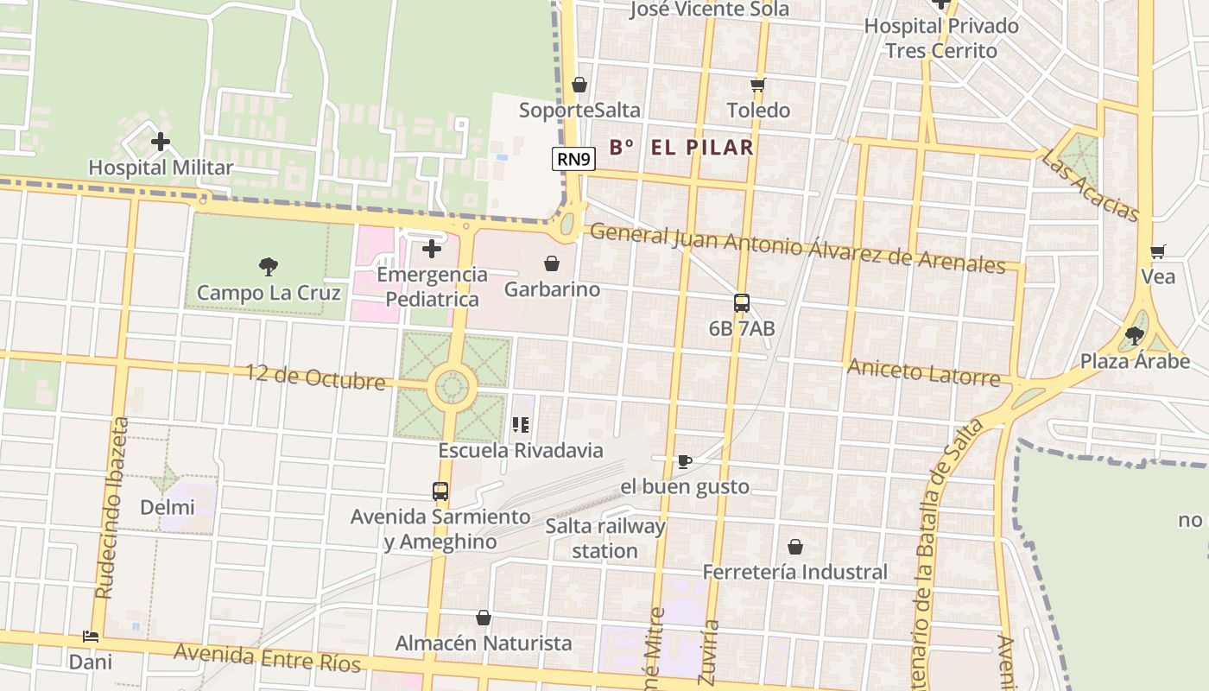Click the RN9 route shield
click(x=574, y=158)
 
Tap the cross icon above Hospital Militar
click(x=161, y=142)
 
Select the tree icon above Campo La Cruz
click(x=269, y=267)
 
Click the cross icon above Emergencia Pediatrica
click(x=432, y=250)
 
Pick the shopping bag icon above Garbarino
click(x=551, y=263)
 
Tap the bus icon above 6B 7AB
click(x=741, y=303)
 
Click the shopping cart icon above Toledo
click(x=758, y=85)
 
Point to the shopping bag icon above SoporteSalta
click(x=579, y=85)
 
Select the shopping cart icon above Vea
click(x=1158, y=252)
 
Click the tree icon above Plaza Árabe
click(x=1135, y=335)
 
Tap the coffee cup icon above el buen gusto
click(x=684, y=461)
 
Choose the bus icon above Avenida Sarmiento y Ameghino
click(x=440, y=491)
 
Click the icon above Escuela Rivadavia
click(x=520, y=424)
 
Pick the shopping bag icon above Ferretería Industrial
click(x=794, y=547)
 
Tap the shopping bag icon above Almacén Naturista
click(x=484, y=618)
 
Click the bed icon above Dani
click(x=91, y=637)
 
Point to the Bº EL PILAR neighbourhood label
click(x=681, y=148)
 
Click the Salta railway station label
click(x=604, y=538)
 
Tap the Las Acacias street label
click(x=1090, y=185)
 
